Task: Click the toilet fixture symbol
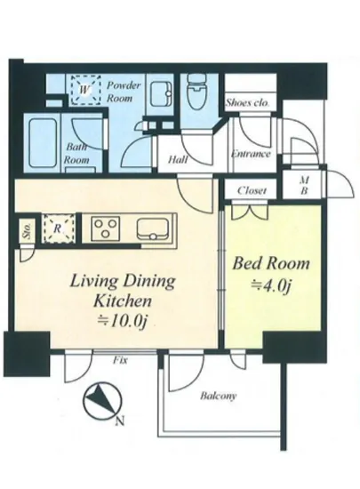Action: point(196,92)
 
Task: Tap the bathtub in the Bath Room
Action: point(43,143)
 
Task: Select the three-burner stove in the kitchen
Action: point(106,228)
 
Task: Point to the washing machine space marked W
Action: point(85,90)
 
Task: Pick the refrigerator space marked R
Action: point(59,228)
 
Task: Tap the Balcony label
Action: point(218,397)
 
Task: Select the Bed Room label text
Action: point(271,263)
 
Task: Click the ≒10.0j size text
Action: point(122,320)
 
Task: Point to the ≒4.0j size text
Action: point(270,286)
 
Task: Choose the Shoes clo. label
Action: point(247,102)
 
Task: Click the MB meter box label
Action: point(304,185)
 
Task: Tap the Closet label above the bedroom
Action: point(252,190)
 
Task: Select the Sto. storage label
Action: point(28,233)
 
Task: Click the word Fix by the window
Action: point(120,360)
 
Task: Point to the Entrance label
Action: point(251,154)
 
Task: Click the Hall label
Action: point(178,160)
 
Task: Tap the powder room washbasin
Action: point(161,94)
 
